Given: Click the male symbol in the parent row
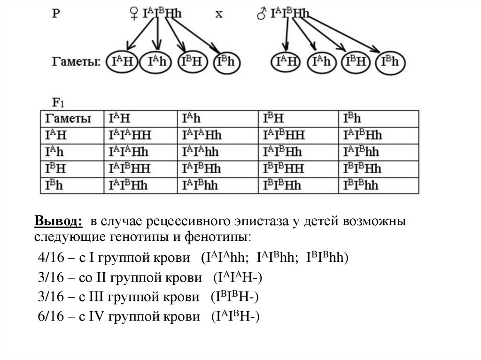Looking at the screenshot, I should click(261, 14).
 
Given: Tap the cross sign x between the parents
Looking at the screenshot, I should click(219, 14).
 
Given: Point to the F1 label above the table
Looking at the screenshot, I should click(58, 101).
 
